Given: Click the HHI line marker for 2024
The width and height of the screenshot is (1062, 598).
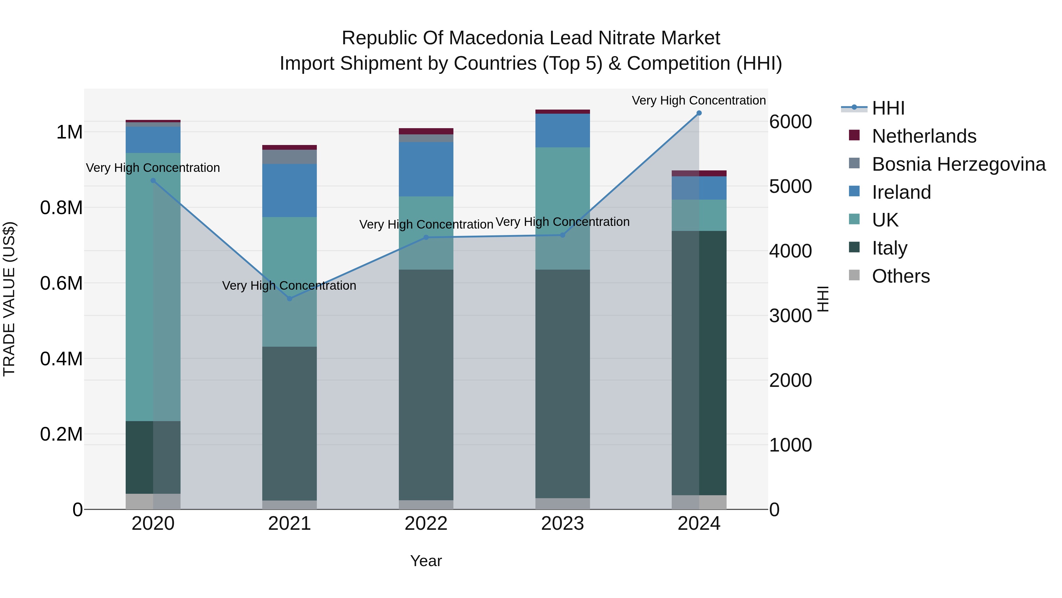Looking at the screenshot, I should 699,113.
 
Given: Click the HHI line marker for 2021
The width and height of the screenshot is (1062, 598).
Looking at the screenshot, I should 289,298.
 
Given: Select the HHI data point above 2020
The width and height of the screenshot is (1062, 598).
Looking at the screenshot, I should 153,180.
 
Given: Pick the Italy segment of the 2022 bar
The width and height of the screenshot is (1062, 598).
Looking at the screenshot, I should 426,384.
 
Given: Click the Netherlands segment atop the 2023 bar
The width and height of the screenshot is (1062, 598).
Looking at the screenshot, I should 562,111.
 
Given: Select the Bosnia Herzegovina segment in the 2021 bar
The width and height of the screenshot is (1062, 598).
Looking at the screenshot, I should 289,157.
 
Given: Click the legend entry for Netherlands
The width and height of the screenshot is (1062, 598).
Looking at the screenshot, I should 923,136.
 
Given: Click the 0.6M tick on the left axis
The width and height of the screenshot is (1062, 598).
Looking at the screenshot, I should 61,283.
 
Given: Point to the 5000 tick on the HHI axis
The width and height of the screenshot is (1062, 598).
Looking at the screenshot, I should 790,187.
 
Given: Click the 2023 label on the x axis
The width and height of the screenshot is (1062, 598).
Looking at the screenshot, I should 562,524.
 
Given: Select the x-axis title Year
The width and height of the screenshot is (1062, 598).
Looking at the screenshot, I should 426,561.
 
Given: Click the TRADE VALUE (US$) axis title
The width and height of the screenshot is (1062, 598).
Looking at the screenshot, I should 9,299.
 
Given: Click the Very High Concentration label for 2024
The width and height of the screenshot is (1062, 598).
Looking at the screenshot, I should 699,100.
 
